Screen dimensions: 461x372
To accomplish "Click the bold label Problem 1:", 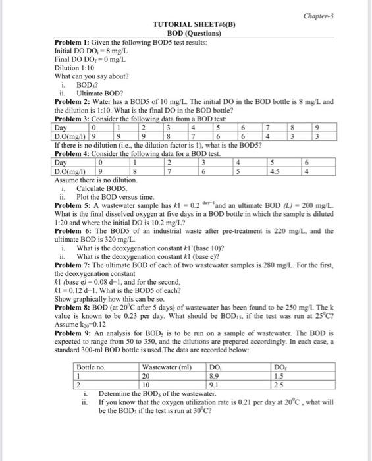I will pyautogui.click(x=73, y=42).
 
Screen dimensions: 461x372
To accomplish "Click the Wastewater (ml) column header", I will pyautogui.click(x=166, y=366).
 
